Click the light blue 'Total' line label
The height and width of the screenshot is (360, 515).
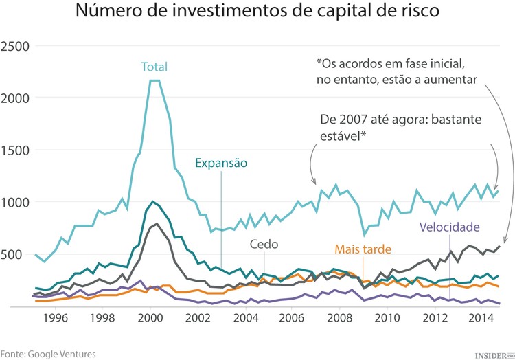point(154,67)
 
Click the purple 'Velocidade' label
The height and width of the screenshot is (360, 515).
point(448,227)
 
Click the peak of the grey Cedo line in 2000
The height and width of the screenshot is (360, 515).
point(157,224)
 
